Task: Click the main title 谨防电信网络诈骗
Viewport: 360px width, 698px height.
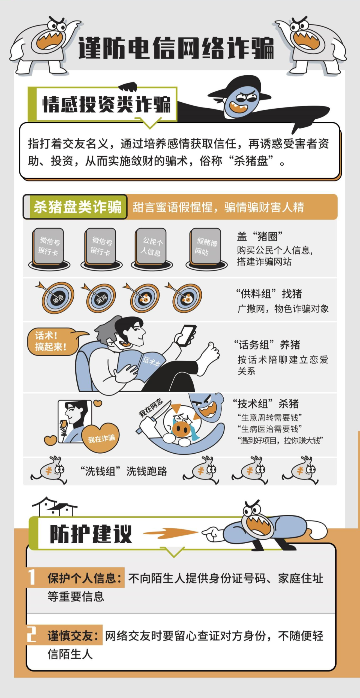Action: point(176,48)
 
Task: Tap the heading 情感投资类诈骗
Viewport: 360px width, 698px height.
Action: point(106,104)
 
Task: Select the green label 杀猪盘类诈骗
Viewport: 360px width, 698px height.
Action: point(77,207)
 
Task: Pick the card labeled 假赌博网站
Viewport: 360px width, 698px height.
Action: point(206,247)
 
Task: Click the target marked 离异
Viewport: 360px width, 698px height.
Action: point(101,298)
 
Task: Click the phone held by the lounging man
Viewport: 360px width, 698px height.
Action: point(186,335)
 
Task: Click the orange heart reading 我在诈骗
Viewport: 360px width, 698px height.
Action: point(101,438)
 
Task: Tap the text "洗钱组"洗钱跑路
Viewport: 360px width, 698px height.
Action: point(124,471)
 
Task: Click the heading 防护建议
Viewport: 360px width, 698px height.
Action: point(91,534)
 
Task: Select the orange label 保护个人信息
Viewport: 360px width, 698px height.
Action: point(85,578)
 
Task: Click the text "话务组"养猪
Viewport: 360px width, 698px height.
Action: point(267,345)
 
